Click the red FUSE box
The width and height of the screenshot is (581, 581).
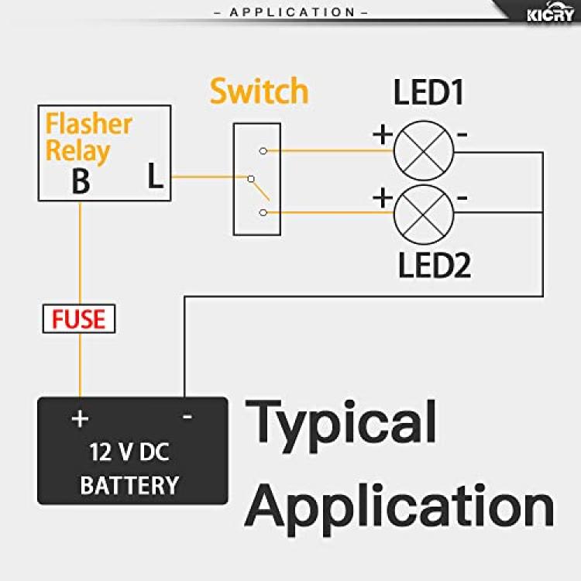click(x=79, y=318)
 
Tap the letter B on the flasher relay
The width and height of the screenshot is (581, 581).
click(x=81, y=180)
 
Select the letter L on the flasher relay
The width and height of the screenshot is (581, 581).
click(x=155, y=176)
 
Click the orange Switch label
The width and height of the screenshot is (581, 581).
click(x=259, y=91)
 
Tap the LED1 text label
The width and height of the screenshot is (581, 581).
click(x=428, y=92)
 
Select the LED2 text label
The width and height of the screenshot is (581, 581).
click(x=434, y=265)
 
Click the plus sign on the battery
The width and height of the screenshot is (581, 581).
click(x=80, y=418)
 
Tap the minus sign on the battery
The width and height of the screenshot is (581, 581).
click(x=187, y=417)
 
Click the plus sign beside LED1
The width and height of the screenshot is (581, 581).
click(x=383, y=134)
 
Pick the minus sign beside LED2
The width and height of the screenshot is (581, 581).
click(x=462, y=198)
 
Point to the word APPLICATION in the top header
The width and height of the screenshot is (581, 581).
click(x=292, y=12)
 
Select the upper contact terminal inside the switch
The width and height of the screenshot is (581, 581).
click(x=263, y=151)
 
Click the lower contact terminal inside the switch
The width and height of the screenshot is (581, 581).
click(x=263, y=213)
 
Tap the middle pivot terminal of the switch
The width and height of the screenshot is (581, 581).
click(x=251, y=179)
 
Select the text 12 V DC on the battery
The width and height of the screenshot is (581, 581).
click(x=129, y=452)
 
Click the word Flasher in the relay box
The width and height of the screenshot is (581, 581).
click(x=88, y=124)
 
